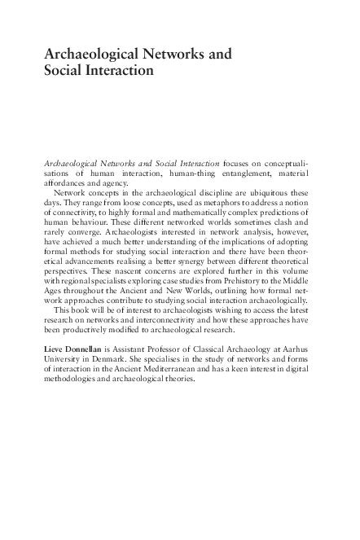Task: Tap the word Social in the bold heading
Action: click(x=67, y=72)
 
